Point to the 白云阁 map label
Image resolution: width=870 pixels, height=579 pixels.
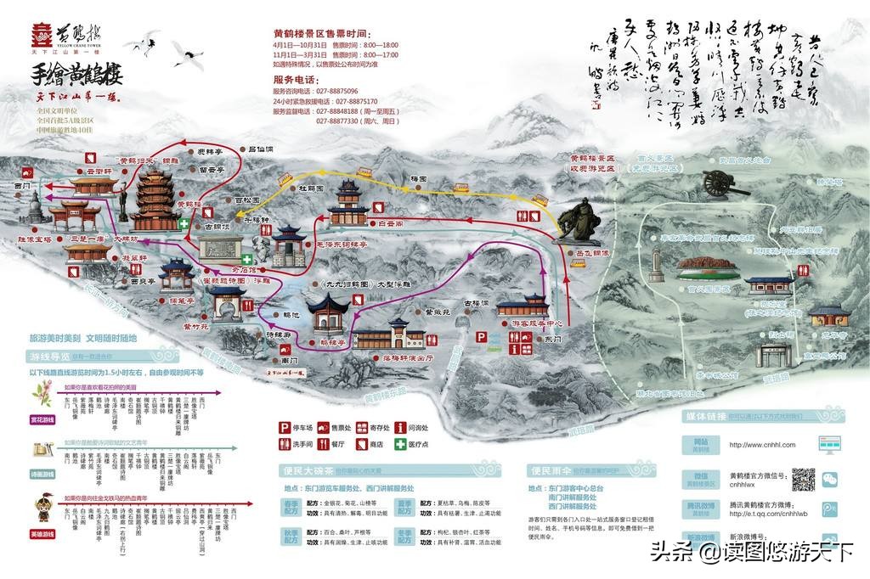[387, 223]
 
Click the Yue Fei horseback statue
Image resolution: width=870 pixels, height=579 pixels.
[578, 216]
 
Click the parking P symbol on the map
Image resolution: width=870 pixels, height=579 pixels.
[483, 337]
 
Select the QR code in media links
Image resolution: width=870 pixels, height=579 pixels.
[803, 480]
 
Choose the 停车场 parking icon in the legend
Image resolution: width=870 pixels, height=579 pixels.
[285, 428]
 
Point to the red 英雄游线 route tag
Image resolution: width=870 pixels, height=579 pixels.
[42, 533]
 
